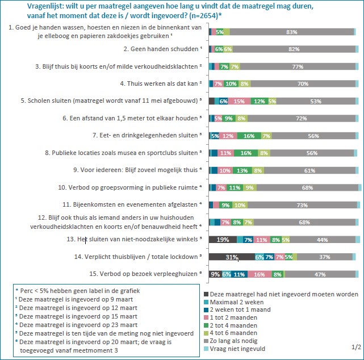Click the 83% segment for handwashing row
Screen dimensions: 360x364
292,32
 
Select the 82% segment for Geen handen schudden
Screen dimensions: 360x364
294,49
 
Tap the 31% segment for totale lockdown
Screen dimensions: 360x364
231,257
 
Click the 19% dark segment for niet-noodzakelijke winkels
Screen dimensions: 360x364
222,240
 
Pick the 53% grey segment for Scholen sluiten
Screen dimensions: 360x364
313,101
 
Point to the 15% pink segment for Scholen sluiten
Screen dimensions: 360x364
239,101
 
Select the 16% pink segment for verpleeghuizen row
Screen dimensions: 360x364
259,274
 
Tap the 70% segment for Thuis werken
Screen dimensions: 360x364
303,84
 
